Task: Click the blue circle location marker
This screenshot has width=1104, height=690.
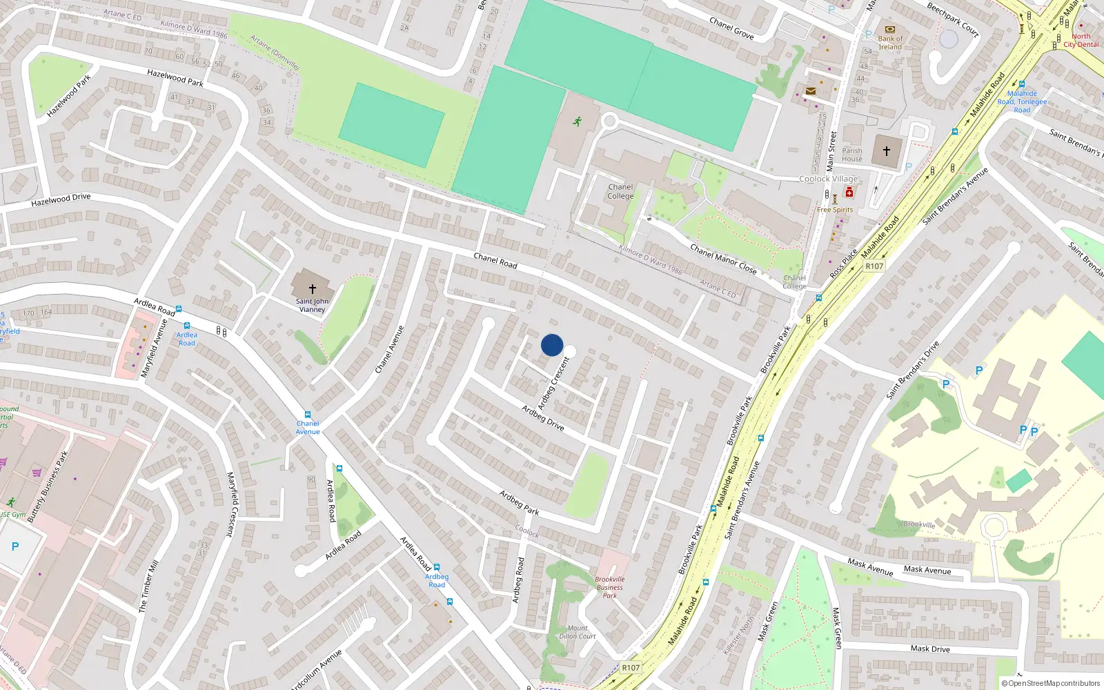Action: [x=552, y=345]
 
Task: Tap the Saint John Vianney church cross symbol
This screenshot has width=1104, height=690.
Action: [x=313, y=288]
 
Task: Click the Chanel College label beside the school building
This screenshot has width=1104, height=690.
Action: [x=620, y=192]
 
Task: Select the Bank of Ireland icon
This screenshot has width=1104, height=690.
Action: [x=889, y=30]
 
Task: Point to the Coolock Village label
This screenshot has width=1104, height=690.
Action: [x=829, y=179]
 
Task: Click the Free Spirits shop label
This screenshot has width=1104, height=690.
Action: [x=835, y=210]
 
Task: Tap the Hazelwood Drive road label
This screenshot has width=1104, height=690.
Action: [x=61, y=199]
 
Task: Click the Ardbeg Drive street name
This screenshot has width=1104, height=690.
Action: [x=543, y=418]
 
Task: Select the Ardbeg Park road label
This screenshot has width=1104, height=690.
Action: [x=520, y=502]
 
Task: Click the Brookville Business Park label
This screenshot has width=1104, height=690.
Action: [x=610, y=587]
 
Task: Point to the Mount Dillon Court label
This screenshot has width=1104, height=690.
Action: [x=578, y=632]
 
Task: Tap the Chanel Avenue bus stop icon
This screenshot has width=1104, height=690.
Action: [x=308, y=415]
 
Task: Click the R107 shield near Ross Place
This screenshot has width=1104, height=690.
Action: [x=874, y=266]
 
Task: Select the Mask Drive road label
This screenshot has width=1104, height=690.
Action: [x=930, y=649]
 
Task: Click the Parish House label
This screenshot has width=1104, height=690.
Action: [x=852, y=155]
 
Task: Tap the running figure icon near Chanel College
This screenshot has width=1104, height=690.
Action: [x=578, y=121]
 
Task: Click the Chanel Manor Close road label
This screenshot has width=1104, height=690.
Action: [x=723, y=259]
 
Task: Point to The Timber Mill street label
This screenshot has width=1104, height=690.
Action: [x=148, y=586]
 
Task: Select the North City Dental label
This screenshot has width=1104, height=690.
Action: [x=1081, y=41]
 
